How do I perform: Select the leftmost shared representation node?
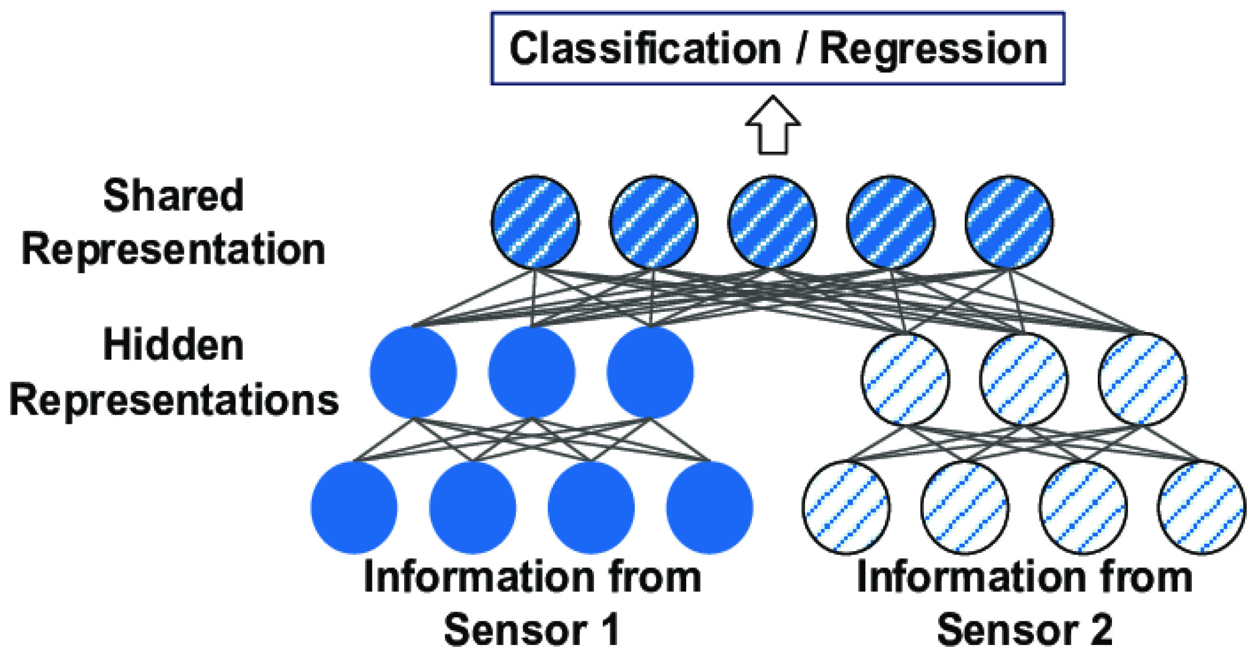pos(535,222)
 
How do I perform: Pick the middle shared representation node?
pos(772,222)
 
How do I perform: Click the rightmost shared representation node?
pos(1009,222)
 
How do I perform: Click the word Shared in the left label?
pos(173,196)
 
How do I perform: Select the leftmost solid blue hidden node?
pos(413,372)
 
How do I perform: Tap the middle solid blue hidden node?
pos(532,372)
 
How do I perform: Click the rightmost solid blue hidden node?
pos(650,372)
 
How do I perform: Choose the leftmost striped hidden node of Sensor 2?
pos(905,379)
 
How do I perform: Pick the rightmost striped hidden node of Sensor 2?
pos(1142,379)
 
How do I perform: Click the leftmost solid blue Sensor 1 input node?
pos(354,508)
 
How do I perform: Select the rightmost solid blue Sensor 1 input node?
pos(709,508)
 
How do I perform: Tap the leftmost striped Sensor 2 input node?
pos(846,508)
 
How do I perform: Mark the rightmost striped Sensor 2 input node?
pos(1201,508)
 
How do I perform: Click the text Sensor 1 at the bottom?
pos(532,630)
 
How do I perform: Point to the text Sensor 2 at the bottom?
pos(1025,630)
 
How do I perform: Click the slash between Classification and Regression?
pos(801,49)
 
